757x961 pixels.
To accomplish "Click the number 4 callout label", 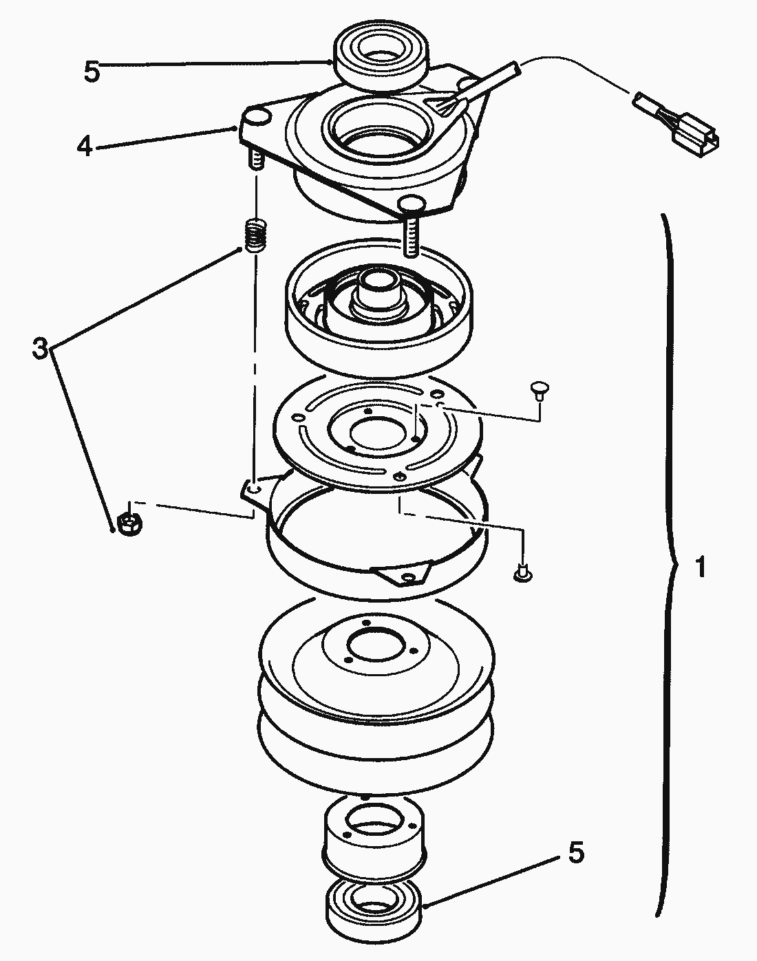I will [85, 146].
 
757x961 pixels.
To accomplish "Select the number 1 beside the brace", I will [700, 568].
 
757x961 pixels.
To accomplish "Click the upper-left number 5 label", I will [92, 71].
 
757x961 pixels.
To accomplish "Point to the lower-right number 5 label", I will [575, 853].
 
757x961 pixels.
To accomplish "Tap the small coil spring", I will [255, 235].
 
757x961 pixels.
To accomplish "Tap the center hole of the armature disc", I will [375, 432].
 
